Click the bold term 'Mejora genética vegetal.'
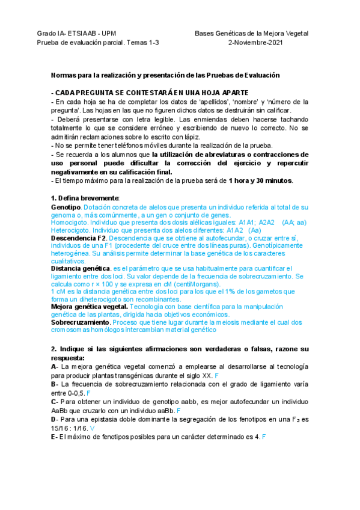coord(91,307)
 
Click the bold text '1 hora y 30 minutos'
coord(260,180)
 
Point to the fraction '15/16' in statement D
coord(61,428)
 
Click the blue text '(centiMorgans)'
coord(180,284)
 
